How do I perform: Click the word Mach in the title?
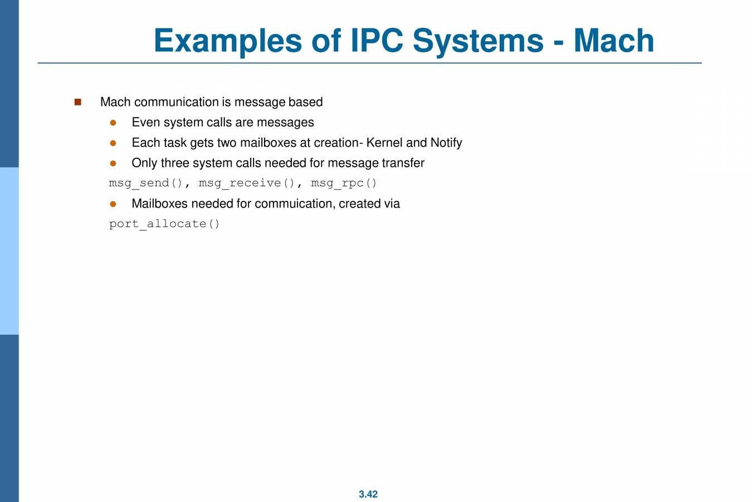coord(613,41)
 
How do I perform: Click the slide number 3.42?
coord(368,494)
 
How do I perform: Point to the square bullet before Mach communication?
coord(77,102)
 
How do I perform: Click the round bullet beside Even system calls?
coord(113,123)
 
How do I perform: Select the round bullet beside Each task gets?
coord(113,143)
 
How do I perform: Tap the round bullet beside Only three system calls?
coord(113,163)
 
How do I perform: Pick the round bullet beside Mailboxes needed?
coord(113,204)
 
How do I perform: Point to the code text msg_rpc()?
coord(344,184)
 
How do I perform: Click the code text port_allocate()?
coord(164,224)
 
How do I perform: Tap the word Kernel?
coord(384,143)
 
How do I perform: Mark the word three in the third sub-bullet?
coord(175,163)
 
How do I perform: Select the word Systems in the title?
coord(477,41)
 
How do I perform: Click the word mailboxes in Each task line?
coord(269,143)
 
